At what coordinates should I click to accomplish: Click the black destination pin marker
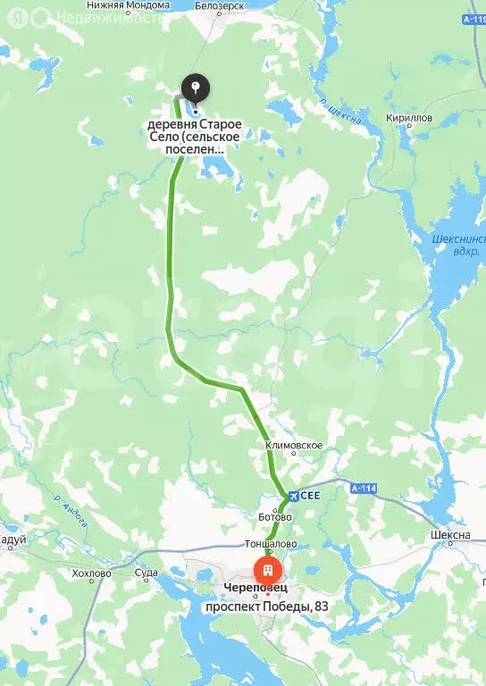[196, 88]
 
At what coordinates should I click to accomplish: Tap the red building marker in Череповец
[267, 570]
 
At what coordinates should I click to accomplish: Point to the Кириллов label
[410, 118]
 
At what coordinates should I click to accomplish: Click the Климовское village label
[294, 445]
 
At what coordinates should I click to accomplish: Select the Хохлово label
[90, 574]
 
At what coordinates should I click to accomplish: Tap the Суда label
[146, 573]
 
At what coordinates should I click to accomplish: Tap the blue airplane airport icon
[290, 496]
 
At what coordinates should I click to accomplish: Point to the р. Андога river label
[71, 514]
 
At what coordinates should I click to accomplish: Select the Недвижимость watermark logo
[89, 17]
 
